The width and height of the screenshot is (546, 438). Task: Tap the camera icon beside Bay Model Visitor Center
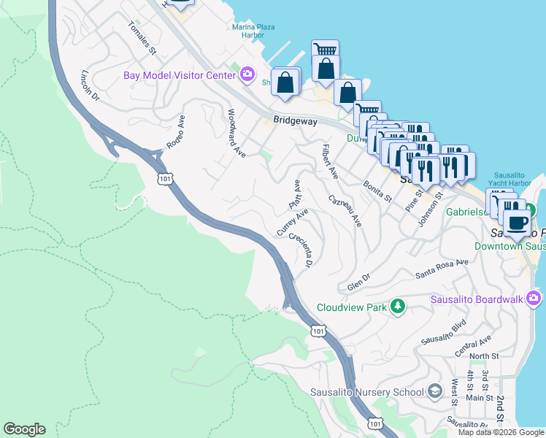[x=247, y=74]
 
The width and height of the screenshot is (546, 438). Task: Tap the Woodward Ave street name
[x=236, y=133]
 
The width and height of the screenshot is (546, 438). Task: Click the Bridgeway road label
[x=295, y=121]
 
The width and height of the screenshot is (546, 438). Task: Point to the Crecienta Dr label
[x=300, y=250]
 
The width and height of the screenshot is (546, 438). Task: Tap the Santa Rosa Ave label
[x=442, y=269]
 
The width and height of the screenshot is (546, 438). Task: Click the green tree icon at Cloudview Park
[x=397, y=307]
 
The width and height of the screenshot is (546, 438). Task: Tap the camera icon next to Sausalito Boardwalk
[x=534, y=298]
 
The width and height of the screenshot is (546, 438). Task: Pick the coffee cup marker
[x=518, y=222]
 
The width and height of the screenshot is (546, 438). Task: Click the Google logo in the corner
[x=24, y=429]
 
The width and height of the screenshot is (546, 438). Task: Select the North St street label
[x=483, y=356]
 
